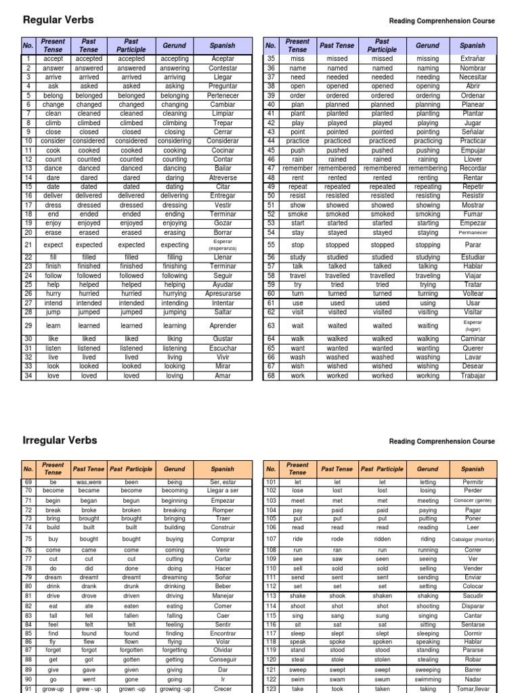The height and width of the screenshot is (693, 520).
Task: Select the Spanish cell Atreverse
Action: pyautogui.click(x=222, y=178)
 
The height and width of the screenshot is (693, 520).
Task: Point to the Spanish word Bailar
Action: pyautogui.click(x=222, y=168)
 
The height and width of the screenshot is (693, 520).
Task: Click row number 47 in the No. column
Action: pyautogui.click(x=271, y=168)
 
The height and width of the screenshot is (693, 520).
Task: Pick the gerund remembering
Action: pyautogui.click(x=427, y=168)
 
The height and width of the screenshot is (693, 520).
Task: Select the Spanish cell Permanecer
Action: pyautogui.click(x=473, y=233)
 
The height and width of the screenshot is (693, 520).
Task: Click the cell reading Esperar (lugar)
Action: pyautogui.click(x=473, y=326)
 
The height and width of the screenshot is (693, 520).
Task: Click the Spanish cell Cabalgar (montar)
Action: pyautogui.click(x=473, y=539)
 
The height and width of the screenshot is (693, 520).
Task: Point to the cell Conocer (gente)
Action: pyautogui.click(x=473, y=500)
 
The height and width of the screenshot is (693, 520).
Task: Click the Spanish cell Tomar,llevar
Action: pyautogui.click(x=473, y=689)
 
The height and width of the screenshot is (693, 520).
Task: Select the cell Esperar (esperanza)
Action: pyautogui.click(x=222, y=245)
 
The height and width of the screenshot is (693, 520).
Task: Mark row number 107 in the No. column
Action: pyautogui.click(x=271, y=539)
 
